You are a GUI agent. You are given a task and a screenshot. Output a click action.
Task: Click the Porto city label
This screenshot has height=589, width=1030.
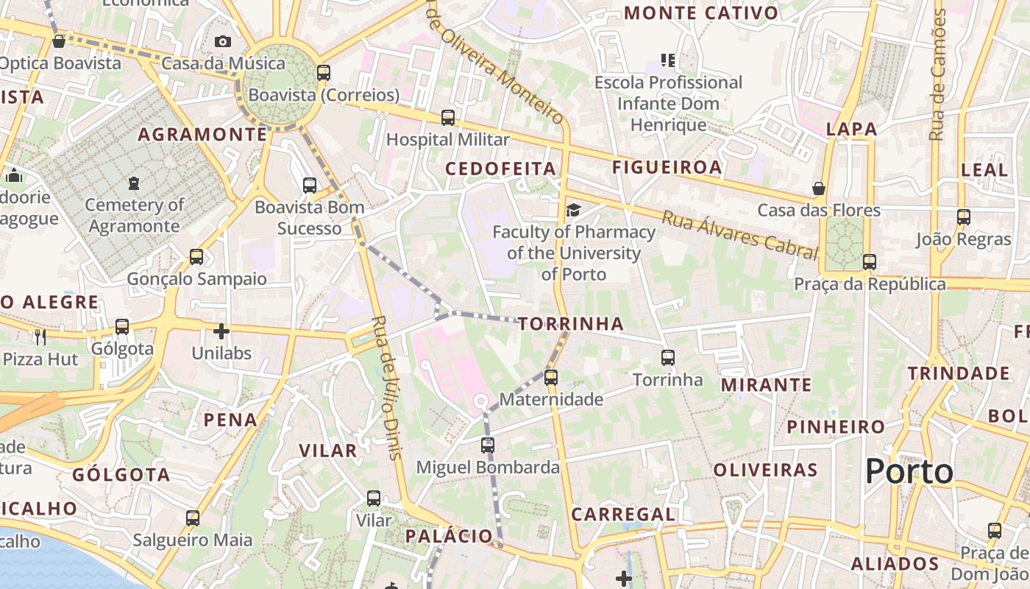point(909,471)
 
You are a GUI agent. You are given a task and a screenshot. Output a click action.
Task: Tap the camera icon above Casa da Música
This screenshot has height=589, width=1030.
point(223,42)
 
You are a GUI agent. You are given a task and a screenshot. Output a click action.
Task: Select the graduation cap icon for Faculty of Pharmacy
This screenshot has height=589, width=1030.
point(573,211)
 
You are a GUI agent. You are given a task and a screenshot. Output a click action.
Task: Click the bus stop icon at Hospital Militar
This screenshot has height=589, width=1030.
point(447,118)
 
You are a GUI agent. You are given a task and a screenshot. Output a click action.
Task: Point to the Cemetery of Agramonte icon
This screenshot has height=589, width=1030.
point(134,183)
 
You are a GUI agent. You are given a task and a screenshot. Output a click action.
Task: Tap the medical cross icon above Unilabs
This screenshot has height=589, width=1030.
point(221,331)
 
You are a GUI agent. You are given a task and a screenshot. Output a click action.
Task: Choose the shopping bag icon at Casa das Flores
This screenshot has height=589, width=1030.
point(819,188)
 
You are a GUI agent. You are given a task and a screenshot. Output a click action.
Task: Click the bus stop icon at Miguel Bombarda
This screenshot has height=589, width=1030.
point(487,445)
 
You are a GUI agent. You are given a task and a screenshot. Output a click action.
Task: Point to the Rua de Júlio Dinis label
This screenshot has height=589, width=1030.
point(387,387)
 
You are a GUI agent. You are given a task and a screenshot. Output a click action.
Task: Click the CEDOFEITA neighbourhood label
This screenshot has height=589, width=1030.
point(500,169)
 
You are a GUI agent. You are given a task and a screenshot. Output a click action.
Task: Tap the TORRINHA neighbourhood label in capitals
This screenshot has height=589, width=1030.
point(571,324)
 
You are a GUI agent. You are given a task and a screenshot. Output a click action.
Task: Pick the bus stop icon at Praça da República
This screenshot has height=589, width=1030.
point(870,262)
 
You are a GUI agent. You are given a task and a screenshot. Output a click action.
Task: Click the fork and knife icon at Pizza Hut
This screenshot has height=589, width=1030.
point(40,337)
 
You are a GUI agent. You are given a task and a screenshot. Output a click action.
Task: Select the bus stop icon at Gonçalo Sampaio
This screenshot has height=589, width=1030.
point(196,257)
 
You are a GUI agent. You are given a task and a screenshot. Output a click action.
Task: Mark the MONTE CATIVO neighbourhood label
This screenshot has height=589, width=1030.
point(700,13)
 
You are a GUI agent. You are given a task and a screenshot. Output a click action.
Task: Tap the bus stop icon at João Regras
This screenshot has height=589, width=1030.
point(964,217)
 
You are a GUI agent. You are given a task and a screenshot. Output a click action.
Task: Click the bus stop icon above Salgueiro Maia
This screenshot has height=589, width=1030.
point(193,518)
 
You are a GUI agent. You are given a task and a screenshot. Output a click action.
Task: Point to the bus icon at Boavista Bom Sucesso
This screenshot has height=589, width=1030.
point(310,186)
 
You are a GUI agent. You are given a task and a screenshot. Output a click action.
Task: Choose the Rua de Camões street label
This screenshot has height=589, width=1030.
point(937,74)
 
